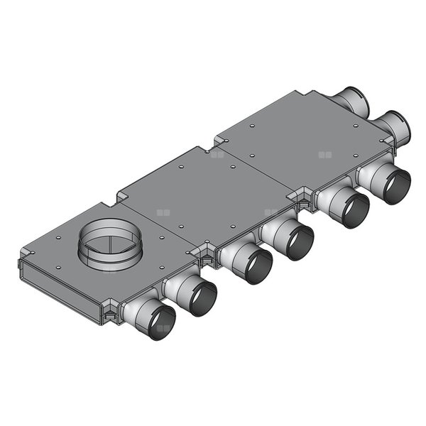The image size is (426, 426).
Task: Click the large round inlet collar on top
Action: coord(109,241)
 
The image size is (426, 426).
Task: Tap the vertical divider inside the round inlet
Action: coord(109,245)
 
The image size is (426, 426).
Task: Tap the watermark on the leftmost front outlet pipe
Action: coord(163,329)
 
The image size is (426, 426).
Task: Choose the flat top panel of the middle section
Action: coord(206,195)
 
